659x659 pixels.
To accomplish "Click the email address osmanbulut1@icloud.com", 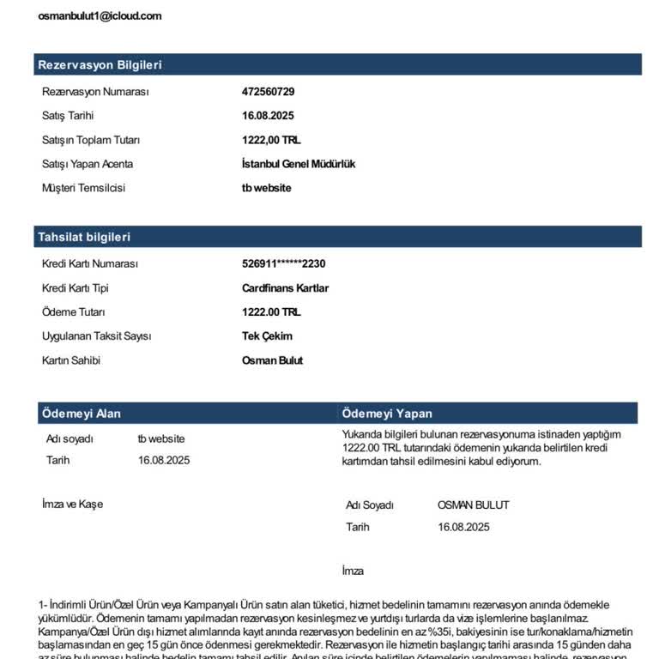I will click(x=100, y=16).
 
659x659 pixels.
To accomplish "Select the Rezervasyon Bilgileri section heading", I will click(x=100, y=64).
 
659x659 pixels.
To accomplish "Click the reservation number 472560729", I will click(x=268, y=92).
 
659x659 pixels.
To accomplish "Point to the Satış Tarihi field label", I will click(x=68, y=116).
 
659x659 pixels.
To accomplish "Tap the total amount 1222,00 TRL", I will click(x=271, y=140).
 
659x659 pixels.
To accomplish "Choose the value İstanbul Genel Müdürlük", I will click(x=299, y=164).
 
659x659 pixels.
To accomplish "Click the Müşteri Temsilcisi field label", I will click(x=83, y=188).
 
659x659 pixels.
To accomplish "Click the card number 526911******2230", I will click(x=284, y=264).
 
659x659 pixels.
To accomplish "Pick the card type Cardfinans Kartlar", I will click(x=285, y=288).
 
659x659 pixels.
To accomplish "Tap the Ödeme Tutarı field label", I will click(x=73, y=312).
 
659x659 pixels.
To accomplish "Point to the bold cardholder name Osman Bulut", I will click(x=272, y=360).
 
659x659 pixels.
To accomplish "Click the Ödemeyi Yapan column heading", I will click(x=387, y=414).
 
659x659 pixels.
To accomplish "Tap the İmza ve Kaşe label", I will click(x=72, y=504).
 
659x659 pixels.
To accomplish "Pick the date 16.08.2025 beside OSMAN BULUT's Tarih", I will click(x=463, y=527).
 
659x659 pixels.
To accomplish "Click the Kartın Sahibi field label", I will click(x=71, y=360).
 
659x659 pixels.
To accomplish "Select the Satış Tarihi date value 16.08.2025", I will click(x=268, y=116).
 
